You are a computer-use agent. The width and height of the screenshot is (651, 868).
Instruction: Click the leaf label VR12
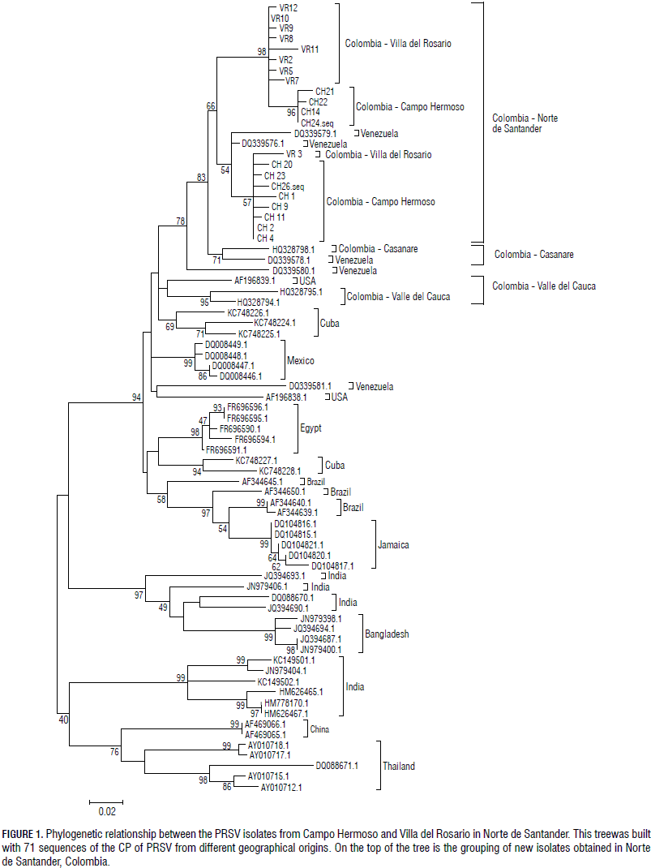point(289,7)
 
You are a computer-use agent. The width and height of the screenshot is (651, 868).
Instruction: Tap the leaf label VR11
point(310,49)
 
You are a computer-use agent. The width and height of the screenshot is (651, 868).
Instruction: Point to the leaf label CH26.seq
point(288,186)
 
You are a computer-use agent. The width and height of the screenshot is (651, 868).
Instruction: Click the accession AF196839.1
point(255,281)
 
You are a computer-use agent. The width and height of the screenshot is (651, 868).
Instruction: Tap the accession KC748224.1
point(275,323)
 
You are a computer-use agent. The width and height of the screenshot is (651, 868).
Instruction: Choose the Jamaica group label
point(394,545)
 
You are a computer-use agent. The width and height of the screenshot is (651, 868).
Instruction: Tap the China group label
point(319,729)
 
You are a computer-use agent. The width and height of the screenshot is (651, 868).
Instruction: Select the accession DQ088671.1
point(336,765)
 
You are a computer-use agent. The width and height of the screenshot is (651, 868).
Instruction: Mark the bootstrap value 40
point(63,719)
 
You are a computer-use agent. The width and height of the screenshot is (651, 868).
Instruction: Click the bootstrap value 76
point(114,752)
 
